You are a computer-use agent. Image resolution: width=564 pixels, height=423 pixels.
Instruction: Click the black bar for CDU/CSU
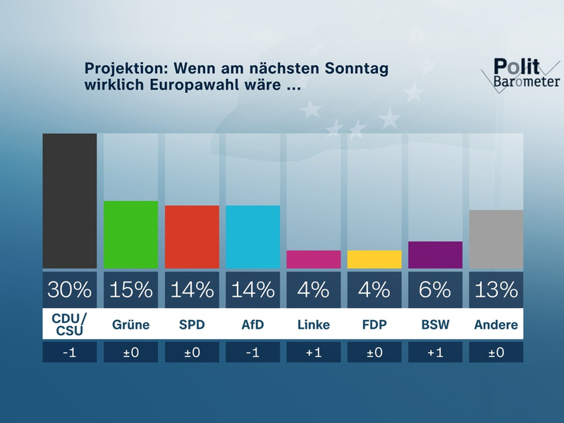(x=69, y=201)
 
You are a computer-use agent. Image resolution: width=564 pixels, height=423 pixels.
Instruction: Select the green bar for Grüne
(x=130, y=235)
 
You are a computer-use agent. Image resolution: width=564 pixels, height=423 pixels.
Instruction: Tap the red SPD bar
(x=191, y=237)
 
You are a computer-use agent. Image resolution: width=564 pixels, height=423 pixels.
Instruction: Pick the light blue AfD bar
(x=252, y=237)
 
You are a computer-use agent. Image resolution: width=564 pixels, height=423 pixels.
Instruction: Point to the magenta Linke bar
(x=313, y=259)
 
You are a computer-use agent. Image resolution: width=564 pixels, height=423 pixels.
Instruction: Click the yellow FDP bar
(x=374, y=259)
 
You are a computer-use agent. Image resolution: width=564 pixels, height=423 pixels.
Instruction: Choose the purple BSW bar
(x=435, y=255)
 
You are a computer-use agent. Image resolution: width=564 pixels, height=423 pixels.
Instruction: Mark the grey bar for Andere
(x=496, y=239)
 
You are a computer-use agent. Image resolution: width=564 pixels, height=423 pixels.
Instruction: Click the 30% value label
(x=69, y=289)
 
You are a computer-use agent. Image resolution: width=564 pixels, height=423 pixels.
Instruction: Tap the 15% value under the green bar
(x=130, y=289)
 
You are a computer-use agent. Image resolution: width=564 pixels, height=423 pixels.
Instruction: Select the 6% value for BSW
(x=435, y=289)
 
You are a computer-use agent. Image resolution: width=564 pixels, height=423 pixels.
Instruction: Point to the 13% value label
(x=496, y=289)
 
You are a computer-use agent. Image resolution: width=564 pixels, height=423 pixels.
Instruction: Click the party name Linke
(x=313, y=325)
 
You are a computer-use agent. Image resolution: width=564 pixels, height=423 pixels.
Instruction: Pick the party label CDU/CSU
(x=69, y=325)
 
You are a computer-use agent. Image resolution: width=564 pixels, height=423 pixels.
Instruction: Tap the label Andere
(x=496, y=325)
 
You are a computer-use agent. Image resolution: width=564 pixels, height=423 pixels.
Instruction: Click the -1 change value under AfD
(x=252, y=352)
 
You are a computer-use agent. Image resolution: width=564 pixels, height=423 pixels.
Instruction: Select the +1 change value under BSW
(x=435, y=352)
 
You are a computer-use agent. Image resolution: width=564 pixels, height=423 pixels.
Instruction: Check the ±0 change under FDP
(x=374, y=352)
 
